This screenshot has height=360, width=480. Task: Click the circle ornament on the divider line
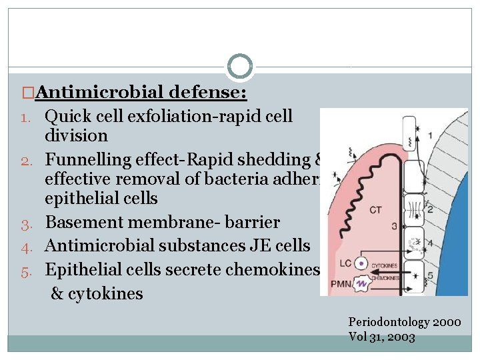click(240, 67)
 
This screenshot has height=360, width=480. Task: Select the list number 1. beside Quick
click(27, 117)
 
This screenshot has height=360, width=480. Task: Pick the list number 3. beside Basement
click(27, 223)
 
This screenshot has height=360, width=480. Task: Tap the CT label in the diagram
click(375, 210)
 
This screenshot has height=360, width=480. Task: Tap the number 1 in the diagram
click(429, 136)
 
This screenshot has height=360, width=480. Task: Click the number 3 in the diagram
click(394, 227)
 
